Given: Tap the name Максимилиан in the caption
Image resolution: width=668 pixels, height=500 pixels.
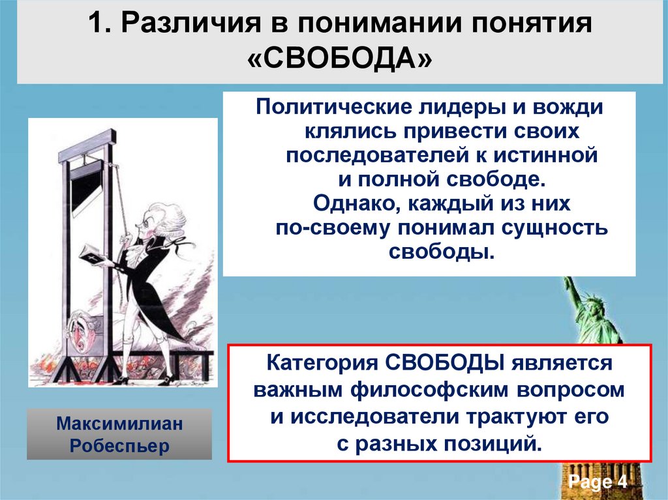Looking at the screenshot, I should (x=119, y=424).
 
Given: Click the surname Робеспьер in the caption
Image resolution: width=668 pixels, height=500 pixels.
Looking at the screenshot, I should (x=119, y=447).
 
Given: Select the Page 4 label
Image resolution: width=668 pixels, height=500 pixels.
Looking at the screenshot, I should (x=598, y=482).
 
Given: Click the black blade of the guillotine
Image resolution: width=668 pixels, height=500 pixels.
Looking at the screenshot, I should (x=85, y=186).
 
